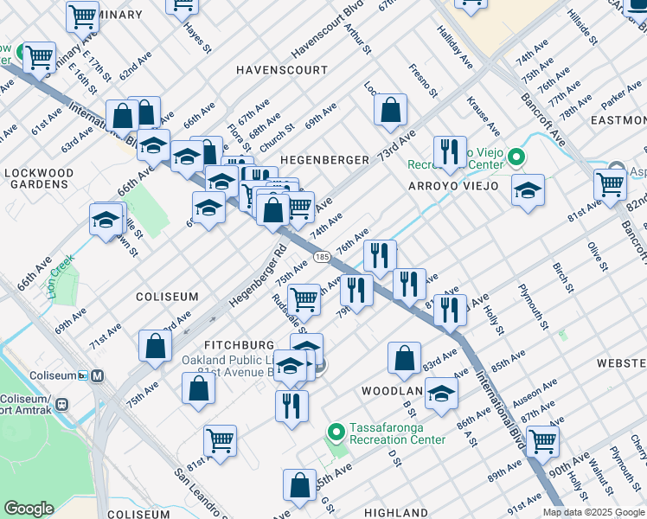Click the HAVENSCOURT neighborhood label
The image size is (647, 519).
tap(282, 69)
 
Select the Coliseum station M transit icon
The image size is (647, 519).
tap(97, 375)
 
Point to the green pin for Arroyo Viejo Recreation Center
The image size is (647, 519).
tap(516, 157)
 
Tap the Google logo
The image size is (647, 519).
tap(29, 509)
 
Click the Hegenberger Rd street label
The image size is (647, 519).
tap(257, 279)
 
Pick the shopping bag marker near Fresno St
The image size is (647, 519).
tap(391, 109)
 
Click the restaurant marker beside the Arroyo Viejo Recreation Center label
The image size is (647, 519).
tap(450, 152)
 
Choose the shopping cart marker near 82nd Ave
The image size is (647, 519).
tap(611, 183)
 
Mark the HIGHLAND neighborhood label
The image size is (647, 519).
tap(395, 513)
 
